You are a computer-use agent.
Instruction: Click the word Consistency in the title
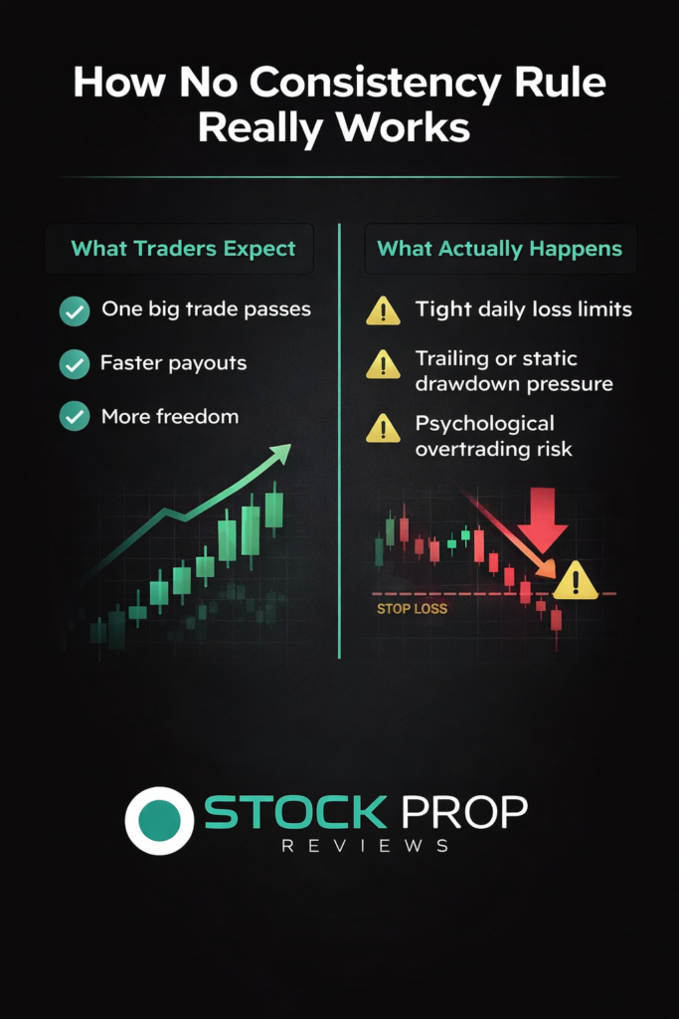click(x=376, y=85)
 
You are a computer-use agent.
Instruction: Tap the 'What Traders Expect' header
click(x=183, y=249)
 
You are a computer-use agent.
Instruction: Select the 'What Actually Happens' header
click(x=499, y=249)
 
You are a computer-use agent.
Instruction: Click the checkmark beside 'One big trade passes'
click(x=75, y=310)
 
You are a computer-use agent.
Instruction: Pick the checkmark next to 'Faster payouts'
click(x=75, y=364)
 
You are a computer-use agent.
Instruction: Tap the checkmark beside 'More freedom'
click(x=75, y=416)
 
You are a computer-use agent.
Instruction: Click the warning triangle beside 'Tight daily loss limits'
click(x=383, y=310)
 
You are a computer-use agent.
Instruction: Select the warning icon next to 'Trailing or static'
click(x=383, y=364)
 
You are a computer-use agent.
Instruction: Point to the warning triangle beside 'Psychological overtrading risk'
click(x=383, y=429)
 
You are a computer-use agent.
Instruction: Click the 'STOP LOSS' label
click(x=413, y=609)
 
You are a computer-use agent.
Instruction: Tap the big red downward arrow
click(x=543, y=519)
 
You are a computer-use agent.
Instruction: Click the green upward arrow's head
click(x=280, y=454)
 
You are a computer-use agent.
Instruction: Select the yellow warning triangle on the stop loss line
click(x=576, y=580)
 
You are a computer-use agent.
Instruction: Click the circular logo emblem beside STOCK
click(x=159, y=821)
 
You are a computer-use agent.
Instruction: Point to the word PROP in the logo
click(x=464, y=812)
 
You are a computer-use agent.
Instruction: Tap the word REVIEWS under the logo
click(x=366, y=846)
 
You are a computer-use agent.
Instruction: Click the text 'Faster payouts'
click(x=173, y=362)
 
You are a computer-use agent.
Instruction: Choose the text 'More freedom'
click(x=170, y=417)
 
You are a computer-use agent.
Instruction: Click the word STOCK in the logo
click(x=296, y=812)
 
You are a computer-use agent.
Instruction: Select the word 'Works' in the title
click(x=403, y=127)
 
